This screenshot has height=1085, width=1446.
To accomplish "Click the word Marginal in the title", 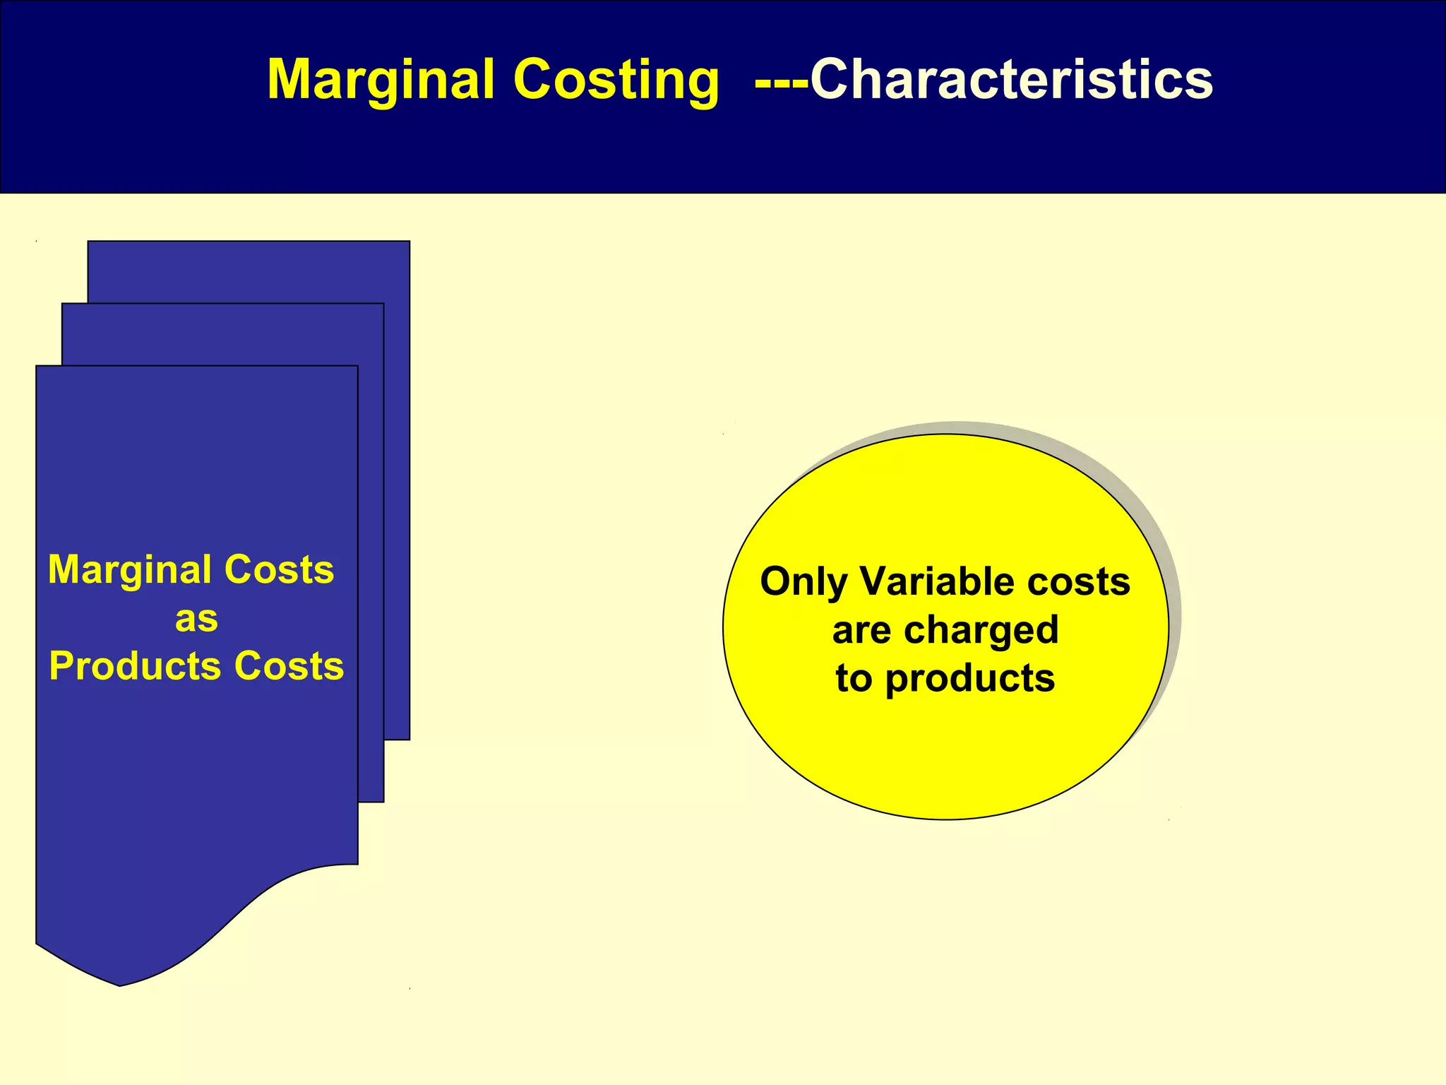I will (381, 80).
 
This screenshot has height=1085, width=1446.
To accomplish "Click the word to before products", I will (854, 678).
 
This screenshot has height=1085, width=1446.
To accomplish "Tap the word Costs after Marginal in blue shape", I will (280, 569).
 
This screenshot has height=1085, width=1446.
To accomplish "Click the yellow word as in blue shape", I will (196, 619).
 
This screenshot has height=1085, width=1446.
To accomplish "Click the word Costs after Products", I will (289, 666).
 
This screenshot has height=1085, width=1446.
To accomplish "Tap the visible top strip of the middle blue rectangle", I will (222, 333).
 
